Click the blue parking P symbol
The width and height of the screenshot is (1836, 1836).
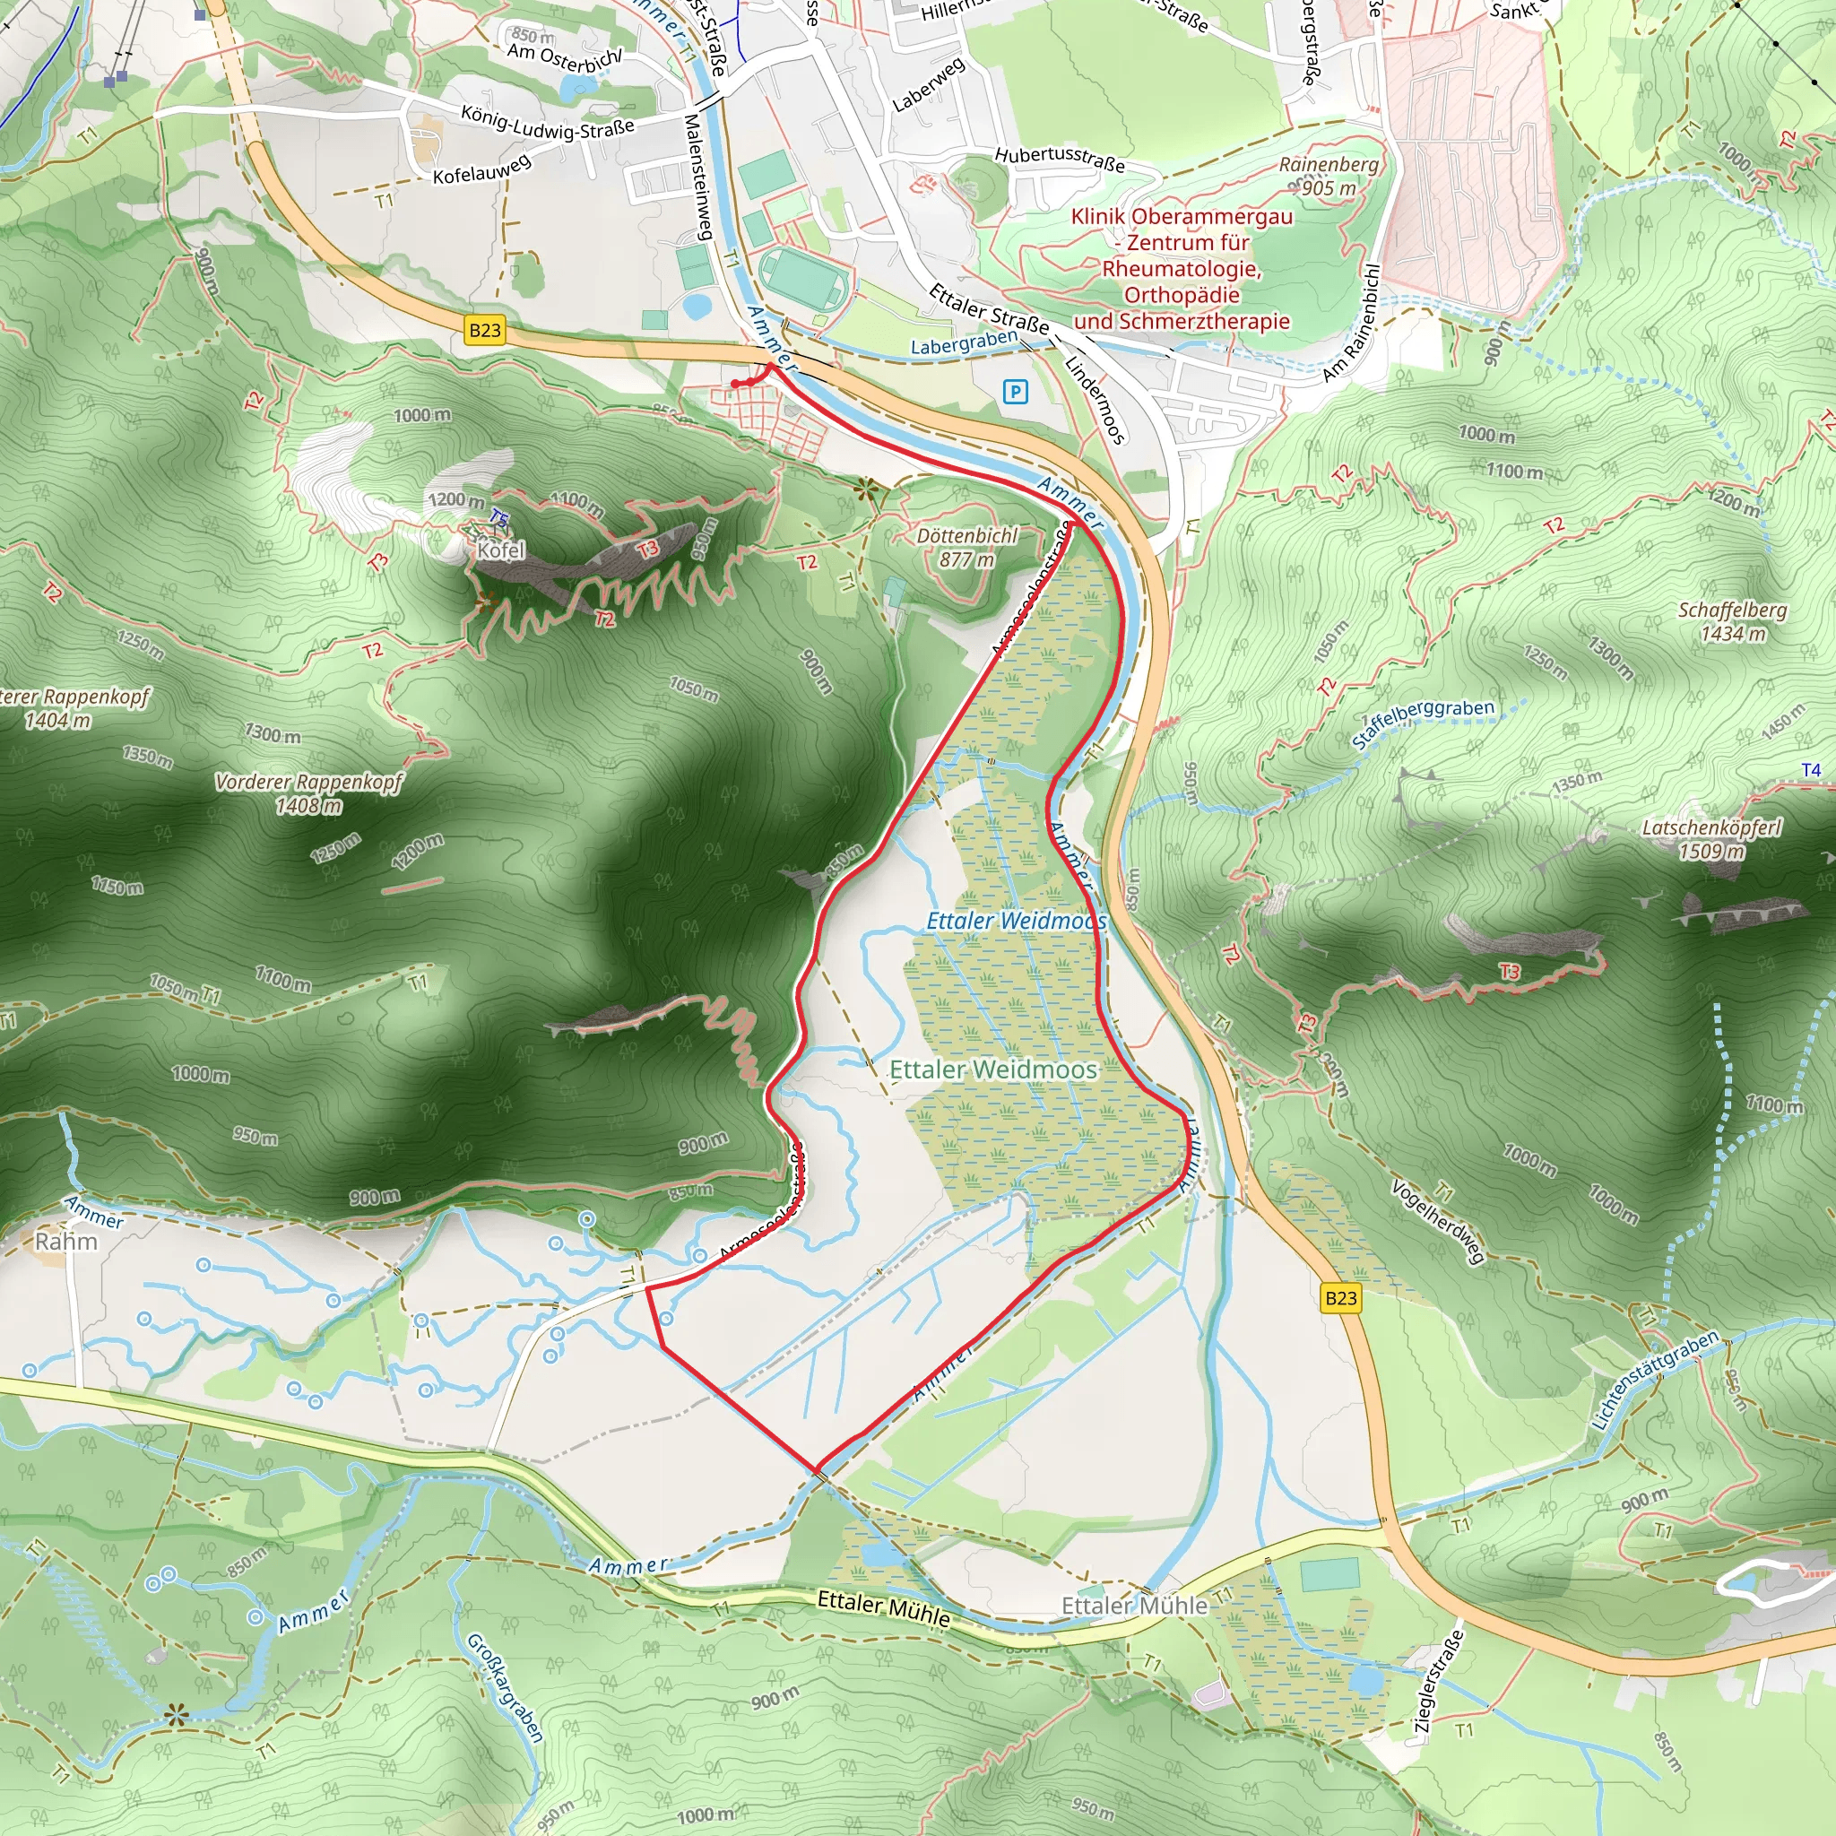[x=1015, y=392]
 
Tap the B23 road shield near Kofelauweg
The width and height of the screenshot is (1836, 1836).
[x=485, y=331]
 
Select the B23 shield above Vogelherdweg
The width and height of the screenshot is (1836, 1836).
[x=1341, y=1298]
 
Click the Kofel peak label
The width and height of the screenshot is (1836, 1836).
[x=501, y=550]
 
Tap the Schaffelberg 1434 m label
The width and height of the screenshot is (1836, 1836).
[x=1732, y=621]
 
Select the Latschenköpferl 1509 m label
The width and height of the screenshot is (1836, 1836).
[x=1711, y=839]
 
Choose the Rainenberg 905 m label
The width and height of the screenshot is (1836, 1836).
[x=1329, y=176]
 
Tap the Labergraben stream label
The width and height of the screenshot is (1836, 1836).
[x=964, y=343]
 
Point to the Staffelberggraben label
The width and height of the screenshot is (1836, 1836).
[x=1423, y=724]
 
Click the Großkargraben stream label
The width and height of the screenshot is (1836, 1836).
[x=505, y=1687]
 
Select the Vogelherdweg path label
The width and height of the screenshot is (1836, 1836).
[x=1437, y=1222]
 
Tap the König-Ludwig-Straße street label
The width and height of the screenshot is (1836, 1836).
[x=548, y=122]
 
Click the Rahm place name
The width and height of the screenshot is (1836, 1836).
[x=65, y=1241]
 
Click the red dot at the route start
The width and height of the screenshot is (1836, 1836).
[x=735, y=384]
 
